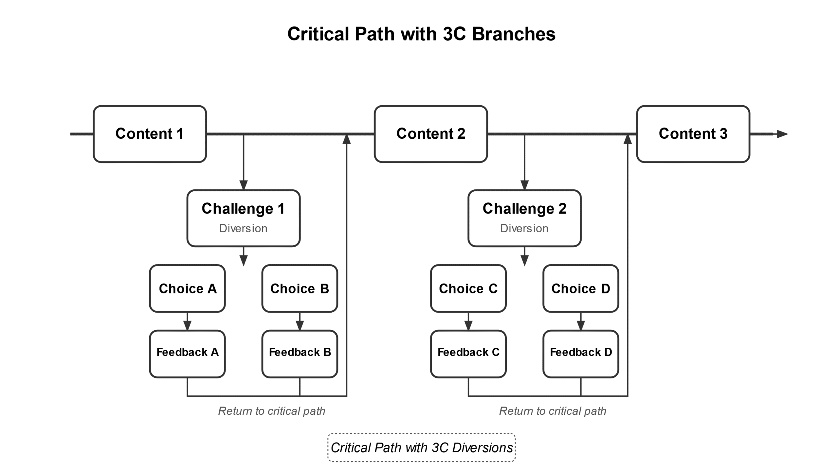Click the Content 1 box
coord(150,134)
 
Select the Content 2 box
coord(431,134)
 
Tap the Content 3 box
coord(693,134)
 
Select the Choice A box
coord(187,288)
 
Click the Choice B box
coord(300,288)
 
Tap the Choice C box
coord(468,288)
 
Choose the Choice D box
coord(581,288)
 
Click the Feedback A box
coord(187,354)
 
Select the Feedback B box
coord(300,354)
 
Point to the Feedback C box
coord(468,354)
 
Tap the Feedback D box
coord(581,354)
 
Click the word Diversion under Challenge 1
coord(243,228)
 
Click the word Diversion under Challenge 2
coord(524,228)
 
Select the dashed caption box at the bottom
coord(421,447)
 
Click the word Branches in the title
coord(513,34)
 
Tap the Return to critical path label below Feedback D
coord(553,411)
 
